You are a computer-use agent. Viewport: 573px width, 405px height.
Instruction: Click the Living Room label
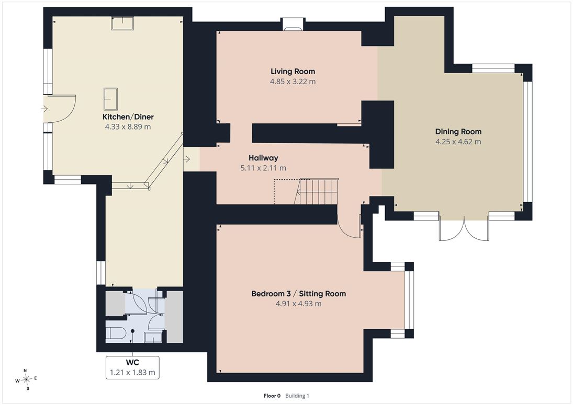[293, 72]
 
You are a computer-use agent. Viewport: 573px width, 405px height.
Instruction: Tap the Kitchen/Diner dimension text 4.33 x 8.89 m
[128, 127]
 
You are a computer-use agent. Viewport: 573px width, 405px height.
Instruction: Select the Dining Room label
[458, 132]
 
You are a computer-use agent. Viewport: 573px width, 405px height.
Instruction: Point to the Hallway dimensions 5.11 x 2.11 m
[263, 168]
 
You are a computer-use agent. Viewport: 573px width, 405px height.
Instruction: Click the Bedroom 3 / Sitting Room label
[299, 294]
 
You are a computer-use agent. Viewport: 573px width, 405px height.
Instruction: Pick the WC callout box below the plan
[132, 367]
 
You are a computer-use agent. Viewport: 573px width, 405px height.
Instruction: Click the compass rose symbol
[26, 380]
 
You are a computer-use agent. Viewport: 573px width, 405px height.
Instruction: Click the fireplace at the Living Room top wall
[293, 25]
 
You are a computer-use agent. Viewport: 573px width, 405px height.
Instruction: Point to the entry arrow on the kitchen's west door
[44, 109]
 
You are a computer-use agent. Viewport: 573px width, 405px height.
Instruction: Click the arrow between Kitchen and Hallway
[187, 159]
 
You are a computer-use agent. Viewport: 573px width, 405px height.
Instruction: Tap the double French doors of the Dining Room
[464, 228]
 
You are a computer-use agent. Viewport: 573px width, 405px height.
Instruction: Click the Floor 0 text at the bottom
[272, 396]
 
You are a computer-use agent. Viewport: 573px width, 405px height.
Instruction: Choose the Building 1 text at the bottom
[297, 396]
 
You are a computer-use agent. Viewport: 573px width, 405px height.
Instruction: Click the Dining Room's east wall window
[527, 142]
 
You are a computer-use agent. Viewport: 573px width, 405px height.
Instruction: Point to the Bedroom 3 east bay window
[409, 300]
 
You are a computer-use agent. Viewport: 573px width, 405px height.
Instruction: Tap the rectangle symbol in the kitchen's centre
[110, 99]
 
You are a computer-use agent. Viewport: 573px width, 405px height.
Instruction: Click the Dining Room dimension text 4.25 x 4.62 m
[458, 142]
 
